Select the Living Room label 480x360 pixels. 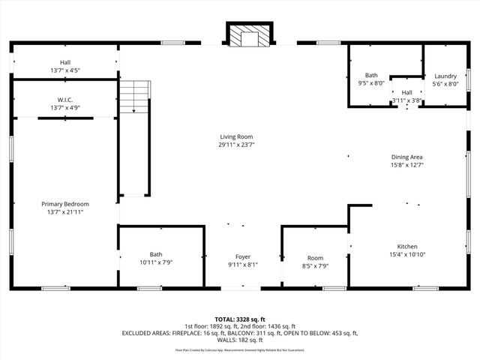(x=236, y=136)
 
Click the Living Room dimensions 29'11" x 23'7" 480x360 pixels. (x=236, y=145)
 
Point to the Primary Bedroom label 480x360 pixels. (x=64, y=204)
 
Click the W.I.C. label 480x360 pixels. (x=64, y=100)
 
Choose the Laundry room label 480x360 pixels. (x=445, y=76)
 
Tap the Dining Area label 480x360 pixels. (x=407, y=157)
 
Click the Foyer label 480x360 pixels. (x=243, y=256)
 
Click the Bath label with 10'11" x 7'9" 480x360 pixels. (x=155, y=254)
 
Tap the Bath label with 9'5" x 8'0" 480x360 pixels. (x=371, y=76)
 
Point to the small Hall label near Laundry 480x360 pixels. (x=406, y=92)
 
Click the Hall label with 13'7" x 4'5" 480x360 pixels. (x=64, y=62)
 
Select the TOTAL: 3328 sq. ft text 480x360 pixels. (x=239, y=319)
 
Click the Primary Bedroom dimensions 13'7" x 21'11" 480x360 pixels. (x=64, y=212)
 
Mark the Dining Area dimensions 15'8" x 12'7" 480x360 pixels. (x=407, y=165)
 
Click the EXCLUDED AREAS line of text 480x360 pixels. (x=239, y=333)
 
